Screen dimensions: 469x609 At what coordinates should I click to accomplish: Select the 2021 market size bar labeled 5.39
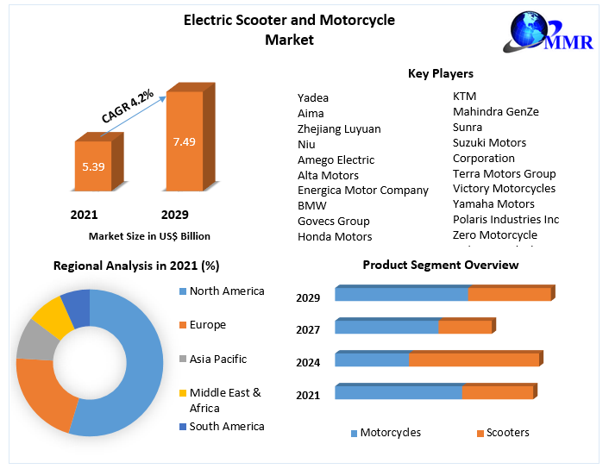(93, 166)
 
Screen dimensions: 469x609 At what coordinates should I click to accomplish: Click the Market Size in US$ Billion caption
(149, 235)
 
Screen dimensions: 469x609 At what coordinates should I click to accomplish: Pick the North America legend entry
(226, 291)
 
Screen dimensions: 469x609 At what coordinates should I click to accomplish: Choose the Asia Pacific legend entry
(217, 359)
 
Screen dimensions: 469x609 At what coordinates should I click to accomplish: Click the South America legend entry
(226, 426)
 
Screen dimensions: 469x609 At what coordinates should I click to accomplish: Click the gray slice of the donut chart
(34, 340)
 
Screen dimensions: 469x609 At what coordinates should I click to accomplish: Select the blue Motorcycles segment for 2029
(401, 294)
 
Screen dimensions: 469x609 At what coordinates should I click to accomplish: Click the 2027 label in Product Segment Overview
(308, 329)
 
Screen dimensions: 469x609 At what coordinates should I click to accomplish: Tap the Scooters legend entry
(507, 432)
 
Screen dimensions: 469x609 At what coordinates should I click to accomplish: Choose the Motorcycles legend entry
(390, 432)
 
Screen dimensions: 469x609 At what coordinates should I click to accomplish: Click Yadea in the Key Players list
(313, 97)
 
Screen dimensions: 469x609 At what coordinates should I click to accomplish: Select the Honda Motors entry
(335, 236)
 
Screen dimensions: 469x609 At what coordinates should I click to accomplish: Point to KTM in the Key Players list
(464, 97)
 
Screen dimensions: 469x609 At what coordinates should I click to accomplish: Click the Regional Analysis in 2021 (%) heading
(136, 266)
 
